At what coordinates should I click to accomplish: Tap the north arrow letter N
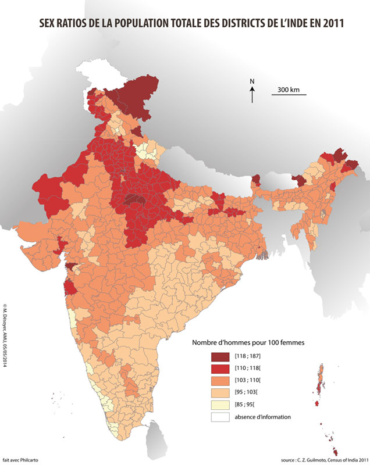252,81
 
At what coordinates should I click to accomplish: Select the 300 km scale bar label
289,90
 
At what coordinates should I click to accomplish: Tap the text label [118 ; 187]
248,355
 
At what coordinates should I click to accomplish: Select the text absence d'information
262,417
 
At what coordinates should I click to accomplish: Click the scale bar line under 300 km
289,95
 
